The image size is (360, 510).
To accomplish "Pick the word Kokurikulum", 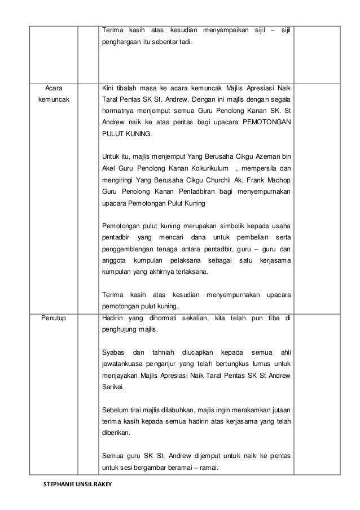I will pos(205,168).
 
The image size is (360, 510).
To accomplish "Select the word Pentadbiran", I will pos(179,191).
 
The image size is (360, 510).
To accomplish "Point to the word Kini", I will pos(108,88).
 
